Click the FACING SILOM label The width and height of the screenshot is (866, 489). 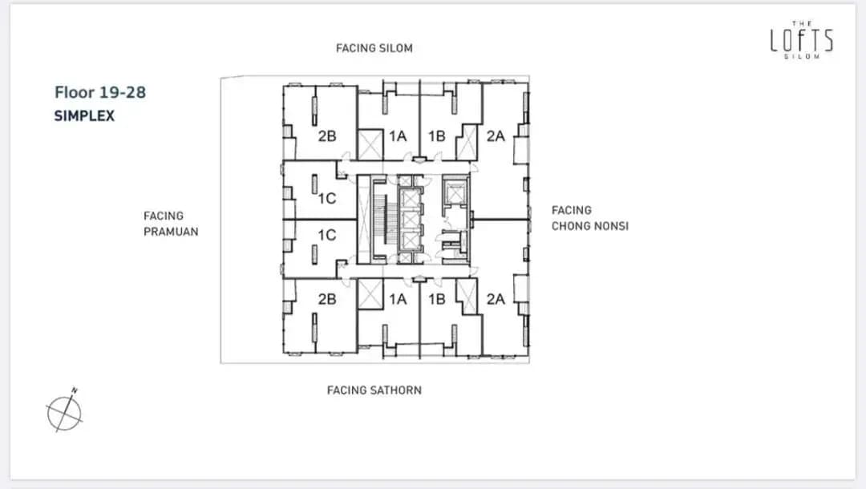pyautogui.click(x=374, y=49)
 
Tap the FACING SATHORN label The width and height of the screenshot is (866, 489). pyautogui.click(x=374, y=390)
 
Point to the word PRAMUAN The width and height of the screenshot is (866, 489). pyautogui.click(x=171, y=232)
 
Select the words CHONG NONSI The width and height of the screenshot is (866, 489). pyautogui.click(x=590, y=226)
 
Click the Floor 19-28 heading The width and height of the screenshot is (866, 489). pyautogui.click(x=100, y=92)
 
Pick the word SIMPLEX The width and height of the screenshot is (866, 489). pyautogui.click(x=84, y=116)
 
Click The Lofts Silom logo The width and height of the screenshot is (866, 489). pyautogui.click(x=801, y=40)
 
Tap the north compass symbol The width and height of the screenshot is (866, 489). pyautogui.click(x=64, y=412)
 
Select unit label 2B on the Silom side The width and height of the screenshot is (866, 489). pyautogui.click(x=327, y=135)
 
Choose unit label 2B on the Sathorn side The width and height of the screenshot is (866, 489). pyautogui.click(x=327, y=299)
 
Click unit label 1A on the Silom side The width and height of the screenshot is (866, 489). pyautogui.click(x=398, y=135)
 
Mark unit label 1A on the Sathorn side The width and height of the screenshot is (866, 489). pyautogui.click(x=398, y=299)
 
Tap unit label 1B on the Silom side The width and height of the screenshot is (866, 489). pyautogui.click(x=437, y=135)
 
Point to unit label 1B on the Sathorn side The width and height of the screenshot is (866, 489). pyautogui.click(x=437, y=299)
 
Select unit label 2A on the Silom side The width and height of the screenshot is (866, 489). pyautogui.click(x=496, y=135)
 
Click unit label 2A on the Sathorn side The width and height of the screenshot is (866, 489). pyautogui.click(x=496, y=299)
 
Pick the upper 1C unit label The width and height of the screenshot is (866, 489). pyautogui.click(x=327, y=198)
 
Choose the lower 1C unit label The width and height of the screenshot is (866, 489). pyautogui.click(x=327, y=235)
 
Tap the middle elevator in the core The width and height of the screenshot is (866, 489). pyautogui.click(x=411, y=220)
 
